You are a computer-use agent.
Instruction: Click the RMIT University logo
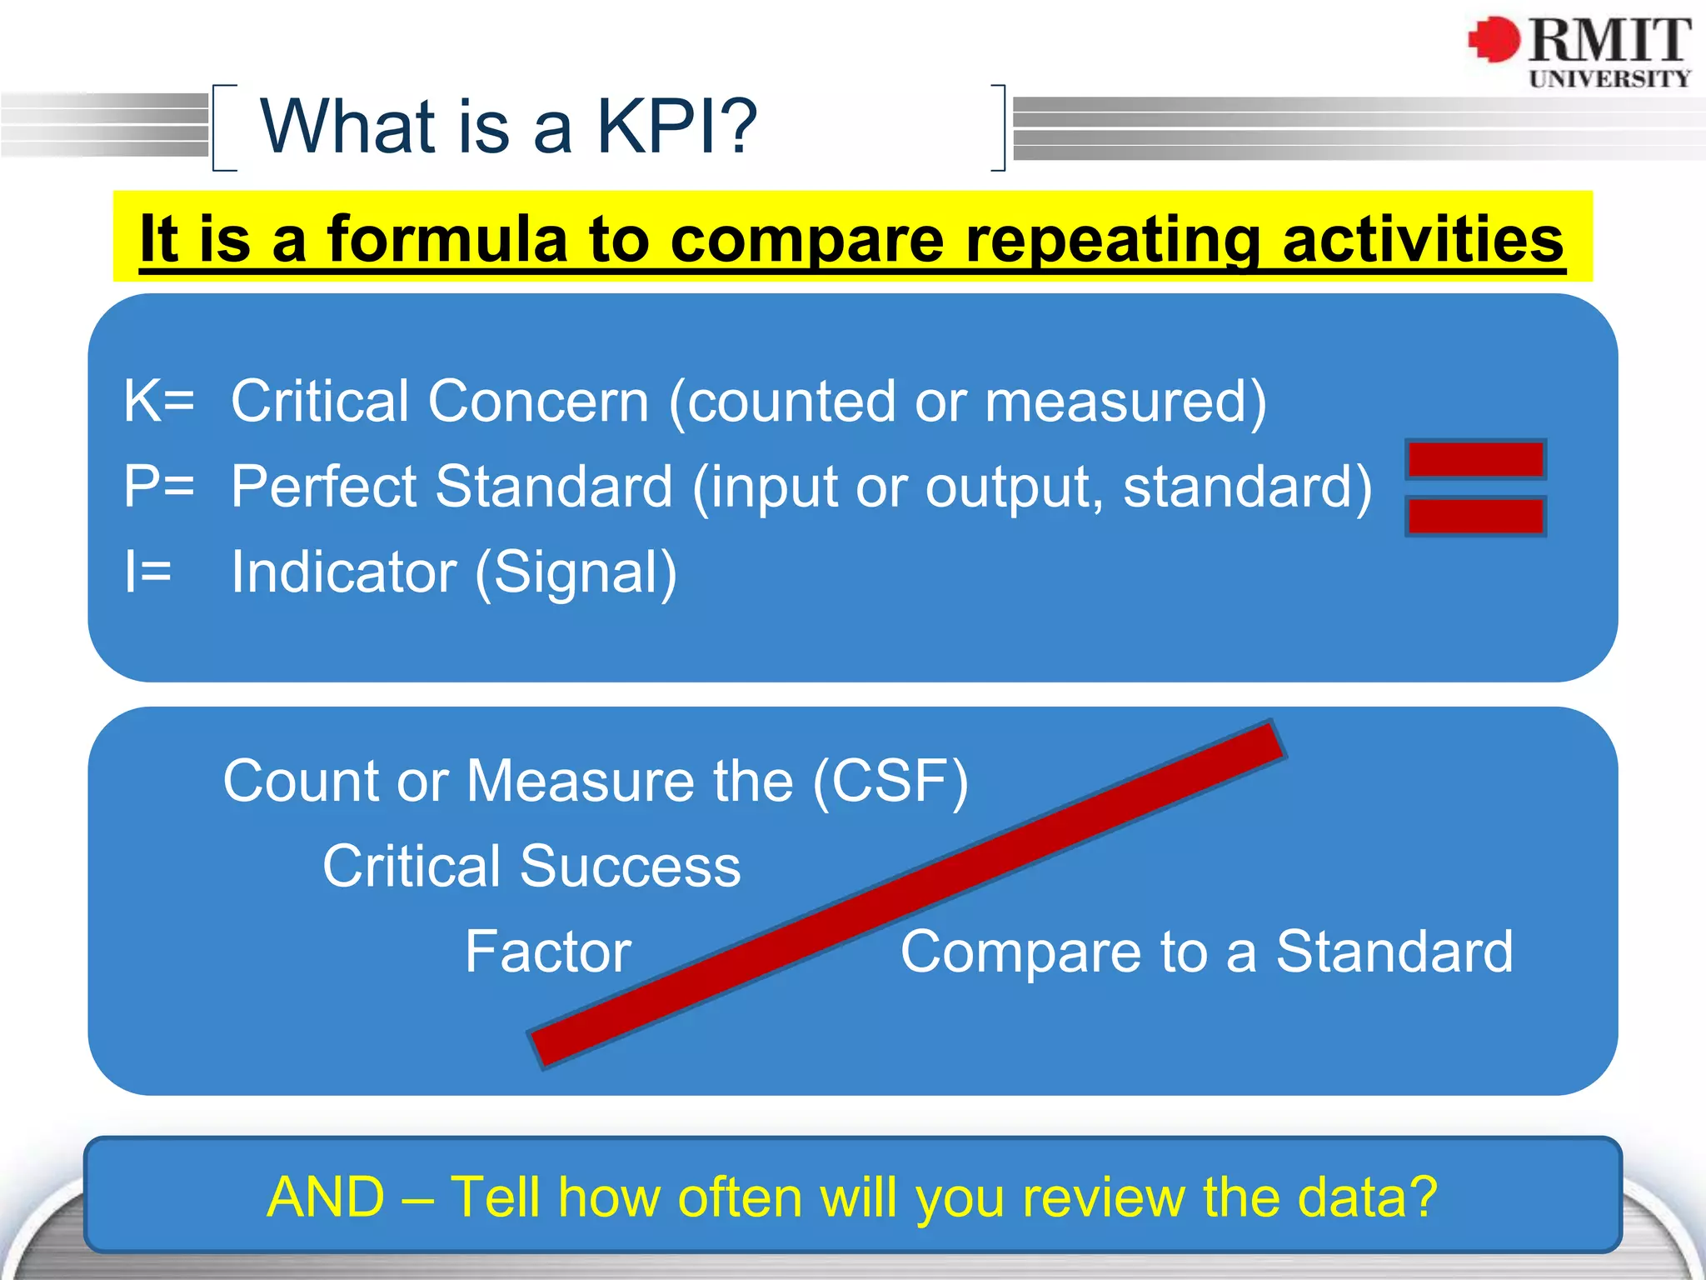point(1579,52)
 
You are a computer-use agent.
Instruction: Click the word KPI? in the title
point(676,127)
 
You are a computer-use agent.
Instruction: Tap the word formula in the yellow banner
point(448,240)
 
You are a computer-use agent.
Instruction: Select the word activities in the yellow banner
point(1423,240)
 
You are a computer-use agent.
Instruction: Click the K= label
point(158,402)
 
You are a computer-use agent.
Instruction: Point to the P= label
point(158,487)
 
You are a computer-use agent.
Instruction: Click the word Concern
point(538,402)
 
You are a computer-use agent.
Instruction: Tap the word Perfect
point(323,487)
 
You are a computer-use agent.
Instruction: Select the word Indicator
point(343,572)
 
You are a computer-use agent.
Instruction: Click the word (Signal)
point(576,573)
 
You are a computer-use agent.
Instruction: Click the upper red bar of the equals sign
point(1475,459)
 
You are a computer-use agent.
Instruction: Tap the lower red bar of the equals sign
point(1475,516)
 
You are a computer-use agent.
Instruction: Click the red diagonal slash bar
point(906,893)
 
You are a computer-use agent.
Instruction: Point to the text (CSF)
point(890,782)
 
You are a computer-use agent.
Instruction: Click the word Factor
point(548,952)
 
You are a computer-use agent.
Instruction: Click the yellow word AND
point(326,1197)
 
